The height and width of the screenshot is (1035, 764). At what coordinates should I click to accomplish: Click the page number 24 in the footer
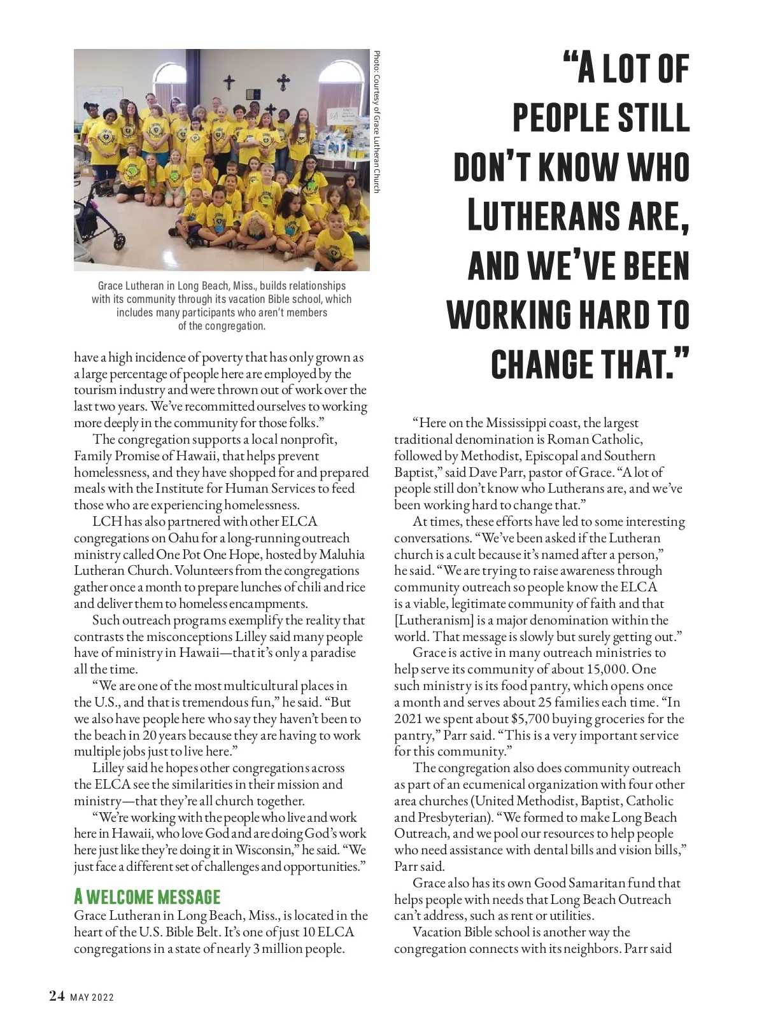point(57,996)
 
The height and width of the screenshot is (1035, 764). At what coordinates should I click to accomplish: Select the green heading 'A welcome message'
point(147,897)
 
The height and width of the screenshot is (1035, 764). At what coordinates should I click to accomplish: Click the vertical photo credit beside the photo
point(376,121)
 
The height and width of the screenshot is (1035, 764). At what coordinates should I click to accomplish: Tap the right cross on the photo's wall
point(283,81)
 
